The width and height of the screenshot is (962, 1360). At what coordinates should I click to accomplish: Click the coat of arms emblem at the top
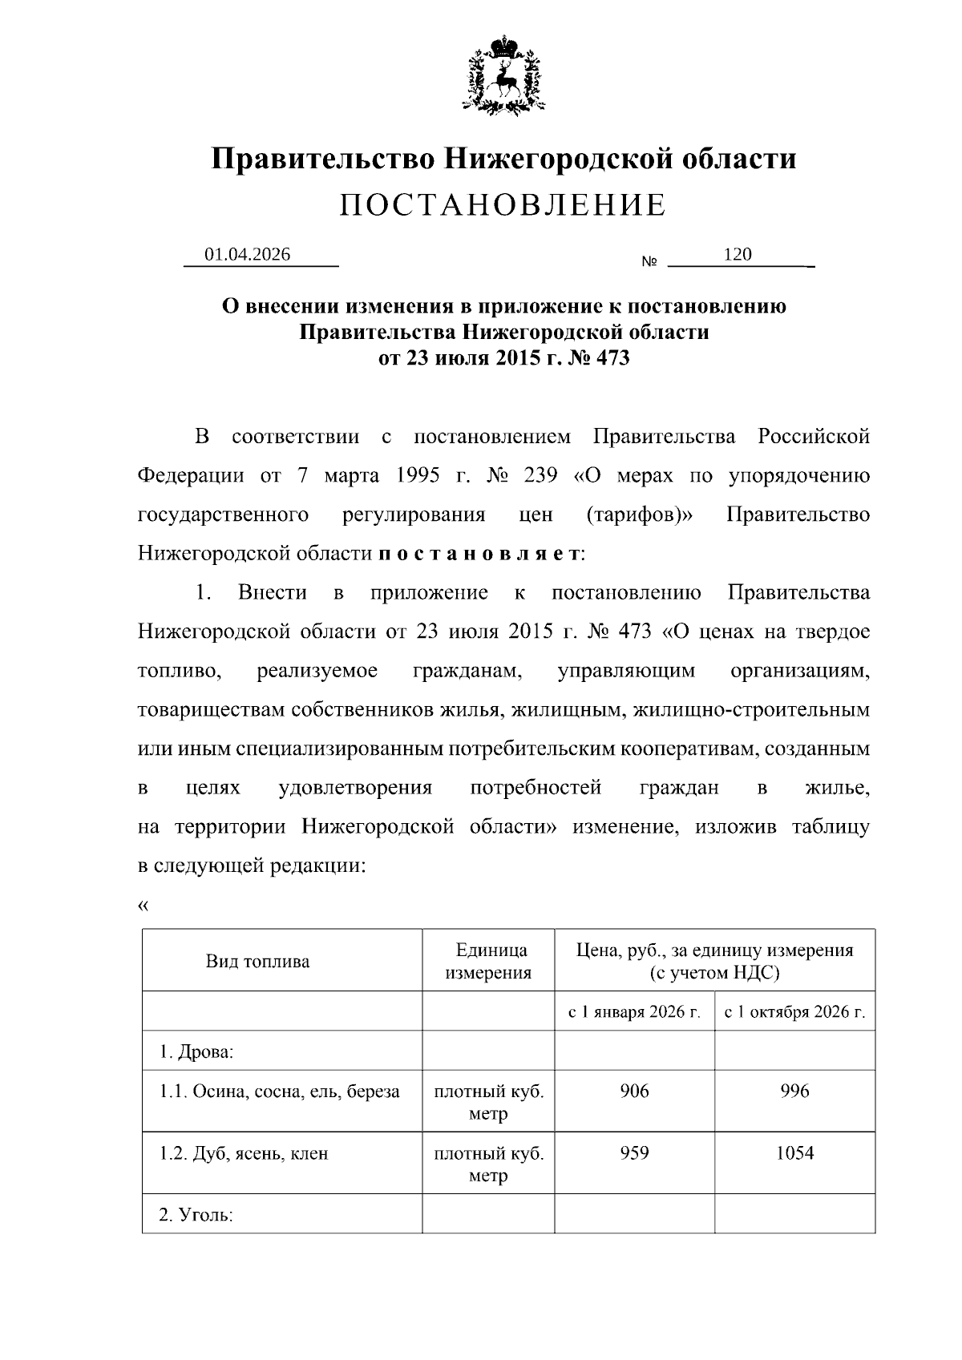[x=503, y=74]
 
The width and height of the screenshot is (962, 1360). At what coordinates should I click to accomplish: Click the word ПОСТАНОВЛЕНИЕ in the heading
[x=503, y=206]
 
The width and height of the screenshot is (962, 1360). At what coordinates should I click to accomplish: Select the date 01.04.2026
[x=247, y=255]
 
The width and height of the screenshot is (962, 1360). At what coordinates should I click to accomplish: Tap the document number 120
[x=738, y=255]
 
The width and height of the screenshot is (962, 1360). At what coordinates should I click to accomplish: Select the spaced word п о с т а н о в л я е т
[x=479, y=554]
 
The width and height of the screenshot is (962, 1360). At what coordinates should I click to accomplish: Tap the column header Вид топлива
[x=257, y=962]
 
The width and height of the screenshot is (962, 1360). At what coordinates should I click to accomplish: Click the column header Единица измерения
[x=488, y=962]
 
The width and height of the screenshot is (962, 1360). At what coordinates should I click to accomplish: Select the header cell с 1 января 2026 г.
[x=634, y=1012]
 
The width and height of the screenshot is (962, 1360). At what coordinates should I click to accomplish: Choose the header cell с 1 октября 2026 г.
[x=794, y=1012]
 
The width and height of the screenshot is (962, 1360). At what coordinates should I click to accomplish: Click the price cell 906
[x=634, y=1091]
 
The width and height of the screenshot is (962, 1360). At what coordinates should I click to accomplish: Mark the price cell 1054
[x=794, y=1153]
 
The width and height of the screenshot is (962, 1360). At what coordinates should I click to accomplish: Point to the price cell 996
[x=794, y=1091]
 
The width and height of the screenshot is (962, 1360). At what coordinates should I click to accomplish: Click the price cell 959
[x=634, y=1153]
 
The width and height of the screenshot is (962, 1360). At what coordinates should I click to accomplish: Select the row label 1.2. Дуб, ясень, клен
[x=244, y=1154]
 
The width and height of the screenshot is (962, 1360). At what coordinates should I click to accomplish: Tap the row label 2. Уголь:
[x=196, y=1216]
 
